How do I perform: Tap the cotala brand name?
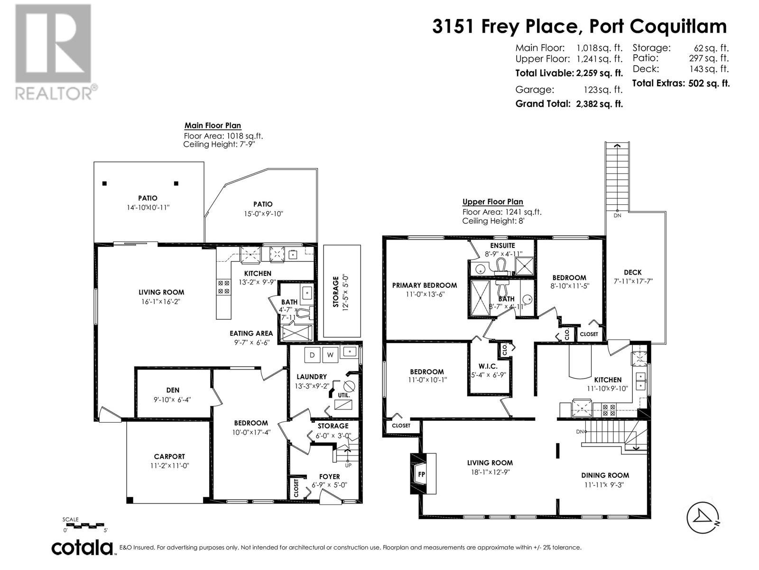point(83,548)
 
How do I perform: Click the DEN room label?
point(173,390)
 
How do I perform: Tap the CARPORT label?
point(169,456)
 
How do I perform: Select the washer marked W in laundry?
point(330,354)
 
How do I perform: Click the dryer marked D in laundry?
point(312,354)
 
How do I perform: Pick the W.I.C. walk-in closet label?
point(488,366)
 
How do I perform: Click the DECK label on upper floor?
point(632,272)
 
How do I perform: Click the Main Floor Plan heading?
point(213,126)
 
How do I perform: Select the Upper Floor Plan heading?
point(492,202)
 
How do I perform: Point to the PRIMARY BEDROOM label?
point(424,285)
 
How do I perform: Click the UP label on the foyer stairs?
point(348,465)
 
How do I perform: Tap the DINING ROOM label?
point(605,475)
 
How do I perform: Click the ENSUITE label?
point(502,246)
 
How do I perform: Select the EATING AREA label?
point(251,333)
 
